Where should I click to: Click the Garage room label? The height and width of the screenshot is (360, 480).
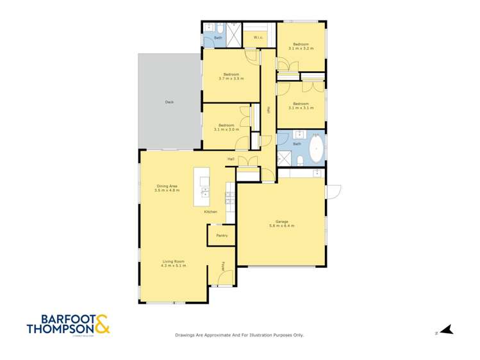pyautogui.click(x=282, y=222)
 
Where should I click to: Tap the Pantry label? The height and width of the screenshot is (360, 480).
pyautogui.click(x=222, y=236)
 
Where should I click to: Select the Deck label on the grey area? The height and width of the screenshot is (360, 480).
pyautogui.click(x=169, y=102)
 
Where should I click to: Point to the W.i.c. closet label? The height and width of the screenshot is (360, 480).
pyautogui.click(x=258, y=38)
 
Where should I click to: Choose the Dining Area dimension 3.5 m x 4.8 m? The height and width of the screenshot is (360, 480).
pyautogui.click(x=167, y=190)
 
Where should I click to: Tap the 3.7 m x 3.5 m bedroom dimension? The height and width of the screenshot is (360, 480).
pyautogui.click(x=231, y=78)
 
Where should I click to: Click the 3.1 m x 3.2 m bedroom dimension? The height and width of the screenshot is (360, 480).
pyautogui.click(x=301, y=49)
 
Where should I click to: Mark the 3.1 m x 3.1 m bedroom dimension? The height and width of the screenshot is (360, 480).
pyautogui.click(x=301, y=108)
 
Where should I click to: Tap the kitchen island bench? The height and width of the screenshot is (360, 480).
pyautogui.click(x=202, y=186)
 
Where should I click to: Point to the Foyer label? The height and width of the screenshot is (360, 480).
pyautogui.click(x=223, y=265)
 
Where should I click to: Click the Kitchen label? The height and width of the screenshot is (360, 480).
pyautogui.click(x=210, y=211)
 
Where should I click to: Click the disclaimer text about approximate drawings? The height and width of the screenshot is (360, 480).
pyautogui.click(x=240, y=335)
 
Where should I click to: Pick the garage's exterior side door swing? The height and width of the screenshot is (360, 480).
pyautogui.click(x=333, y=192)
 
